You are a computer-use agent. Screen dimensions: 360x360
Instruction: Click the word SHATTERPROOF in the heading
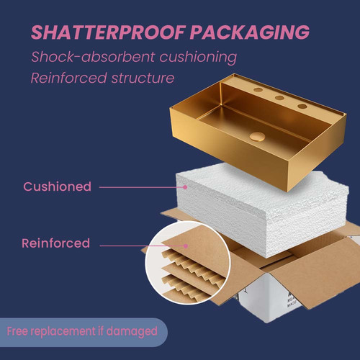point(108,32)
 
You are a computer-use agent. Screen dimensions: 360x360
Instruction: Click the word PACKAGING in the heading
point(250,32)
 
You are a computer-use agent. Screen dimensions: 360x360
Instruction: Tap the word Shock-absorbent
point(93,57)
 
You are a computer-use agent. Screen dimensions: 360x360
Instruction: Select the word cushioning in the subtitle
point(198,58)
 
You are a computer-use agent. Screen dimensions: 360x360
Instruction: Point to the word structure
point(143,78)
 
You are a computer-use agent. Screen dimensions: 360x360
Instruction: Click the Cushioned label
point(58,186)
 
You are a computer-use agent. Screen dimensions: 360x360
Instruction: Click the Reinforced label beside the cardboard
point(56,243)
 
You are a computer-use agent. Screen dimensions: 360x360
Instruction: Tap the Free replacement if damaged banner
point(84,332)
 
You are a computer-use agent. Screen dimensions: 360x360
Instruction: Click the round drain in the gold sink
point(257,137)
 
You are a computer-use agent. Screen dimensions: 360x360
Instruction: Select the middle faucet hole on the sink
point(280,98)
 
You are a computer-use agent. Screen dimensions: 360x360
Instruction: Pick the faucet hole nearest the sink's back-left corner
point(258,90)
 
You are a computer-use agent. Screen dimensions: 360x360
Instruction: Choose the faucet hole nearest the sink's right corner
point(302,106)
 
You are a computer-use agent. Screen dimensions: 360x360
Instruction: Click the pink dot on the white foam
point(185,187)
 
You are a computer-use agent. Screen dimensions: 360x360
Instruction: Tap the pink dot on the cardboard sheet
point(186,246)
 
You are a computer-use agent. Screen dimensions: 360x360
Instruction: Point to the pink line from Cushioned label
point(142,187)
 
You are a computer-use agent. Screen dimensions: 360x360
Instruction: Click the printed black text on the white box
point(292,300)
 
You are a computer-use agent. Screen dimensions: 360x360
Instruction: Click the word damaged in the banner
point(132,332)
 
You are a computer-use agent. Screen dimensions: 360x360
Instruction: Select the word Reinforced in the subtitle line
point(68,78)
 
